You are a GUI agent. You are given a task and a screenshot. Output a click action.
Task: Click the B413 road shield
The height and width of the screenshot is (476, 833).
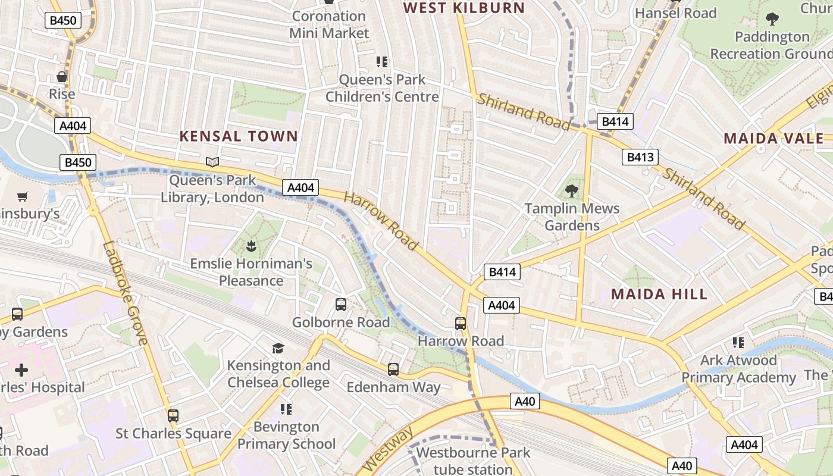[640, 157]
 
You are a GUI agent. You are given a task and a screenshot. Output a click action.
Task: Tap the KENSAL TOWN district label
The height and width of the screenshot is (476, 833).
[239, 136]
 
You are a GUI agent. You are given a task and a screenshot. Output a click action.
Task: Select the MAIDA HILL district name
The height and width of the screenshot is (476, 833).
[659, 294]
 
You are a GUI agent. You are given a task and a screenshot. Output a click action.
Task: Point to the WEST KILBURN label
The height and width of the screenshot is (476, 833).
[464, 8]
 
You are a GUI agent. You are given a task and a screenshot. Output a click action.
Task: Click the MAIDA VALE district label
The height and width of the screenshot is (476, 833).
[773, 139]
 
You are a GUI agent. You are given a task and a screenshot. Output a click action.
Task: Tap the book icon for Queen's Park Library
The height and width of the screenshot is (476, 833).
[212, 162]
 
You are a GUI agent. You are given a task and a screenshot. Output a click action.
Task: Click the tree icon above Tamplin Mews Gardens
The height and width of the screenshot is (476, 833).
[572, 190]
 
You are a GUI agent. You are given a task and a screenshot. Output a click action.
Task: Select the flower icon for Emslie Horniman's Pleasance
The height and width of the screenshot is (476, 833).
[251, 245]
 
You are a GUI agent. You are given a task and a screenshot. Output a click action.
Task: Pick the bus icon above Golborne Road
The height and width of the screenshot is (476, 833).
[341, 305]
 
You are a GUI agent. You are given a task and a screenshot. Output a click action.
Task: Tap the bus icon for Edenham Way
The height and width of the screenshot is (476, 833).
[393, 369]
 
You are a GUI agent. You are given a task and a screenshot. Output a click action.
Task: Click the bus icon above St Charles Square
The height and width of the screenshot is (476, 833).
[173, 416]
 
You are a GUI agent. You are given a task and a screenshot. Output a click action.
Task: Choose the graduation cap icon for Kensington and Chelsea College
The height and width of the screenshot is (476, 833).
[278, 348]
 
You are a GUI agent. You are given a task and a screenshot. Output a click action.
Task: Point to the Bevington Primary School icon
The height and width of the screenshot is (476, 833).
[286, 409]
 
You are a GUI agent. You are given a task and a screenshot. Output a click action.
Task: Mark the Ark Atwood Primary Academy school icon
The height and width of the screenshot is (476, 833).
[738, 343]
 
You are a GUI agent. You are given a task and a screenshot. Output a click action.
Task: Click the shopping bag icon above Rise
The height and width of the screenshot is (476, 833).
[62, 77]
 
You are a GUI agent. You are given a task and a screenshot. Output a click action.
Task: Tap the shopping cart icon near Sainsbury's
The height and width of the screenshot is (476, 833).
[23, 196]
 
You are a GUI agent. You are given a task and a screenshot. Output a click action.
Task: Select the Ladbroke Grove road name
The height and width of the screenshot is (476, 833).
[124, 293]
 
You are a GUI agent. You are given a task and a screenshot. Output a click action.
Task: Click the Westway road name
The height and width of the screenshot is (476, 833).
[387, 449]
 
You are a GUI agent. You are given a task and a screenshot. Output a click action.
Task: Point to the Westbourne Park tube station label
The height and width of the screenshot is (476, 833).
[473, 461]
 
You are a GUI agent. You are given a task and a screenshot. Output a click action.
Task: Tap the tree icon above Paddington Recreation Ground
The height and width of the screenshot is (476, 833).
[772, 19]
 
